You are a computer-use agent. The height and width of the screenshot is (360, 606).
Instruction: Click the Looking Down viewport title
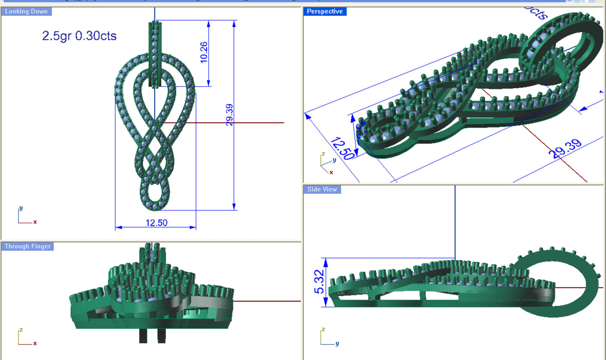click(x=26, y=11)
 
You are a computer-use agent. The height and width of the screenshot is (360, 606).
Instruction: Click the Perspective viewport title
click(x=325, y=11)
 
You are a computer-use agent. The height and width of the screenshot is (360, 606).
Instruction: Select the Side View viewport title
click(x=322, y=189)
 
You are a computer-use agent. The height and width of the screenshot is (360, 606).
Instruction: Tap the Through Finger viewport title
click(x=28, y=246)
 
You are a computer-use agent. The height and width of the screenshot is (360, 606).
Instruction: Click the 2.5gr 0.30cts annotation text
click(x=79, y=36)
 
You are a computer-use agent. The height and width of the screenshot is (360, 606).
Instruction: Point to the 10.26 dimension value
click(x=204, y=52)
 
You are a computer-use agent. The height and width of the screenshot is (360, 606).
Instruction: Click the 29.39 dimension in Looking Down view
click(x=229, y=115)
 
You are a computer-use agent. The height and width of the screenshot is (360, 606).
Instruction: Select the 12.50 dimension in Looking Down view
click(x=156, y=223)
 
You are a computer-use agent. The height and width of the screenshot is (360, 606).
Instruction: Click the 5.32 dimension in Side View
click(x=319, y=282)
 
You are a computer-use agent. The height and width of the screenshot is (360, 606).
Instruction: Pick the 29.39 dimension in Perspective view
click(x=565, y=149)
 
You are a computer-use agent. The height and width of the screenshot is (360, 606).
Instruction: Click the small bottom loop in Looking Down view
click(x=155, y=195)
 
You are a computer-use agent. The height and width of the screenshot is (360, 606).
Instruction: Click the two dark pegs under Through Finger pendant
click(x=152, y=336)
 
